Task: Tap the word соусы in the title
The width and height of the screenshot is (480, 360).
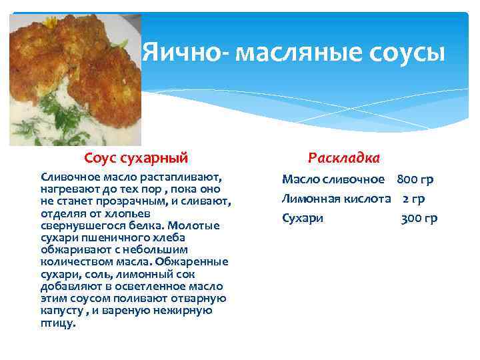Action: pos(406,53)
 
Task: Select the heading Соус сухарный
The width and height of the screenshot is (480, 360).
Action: pos(136,158)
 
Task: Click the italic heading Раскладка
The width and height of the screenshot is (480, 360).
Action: pos(344,158)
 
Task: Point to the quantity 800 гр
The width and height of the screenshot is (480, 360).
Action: pos(415,179)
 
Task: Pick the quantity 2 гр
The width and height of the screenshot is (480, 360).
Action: pos(413,199)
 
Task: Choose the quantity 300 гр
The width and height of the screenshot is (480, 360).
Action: pos(419,218)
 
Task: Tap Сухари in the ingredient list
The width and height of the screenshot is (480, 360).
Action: pos(302,218)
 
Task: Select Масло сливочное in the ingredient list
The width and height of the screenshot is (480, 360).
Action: pos(333,179)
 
